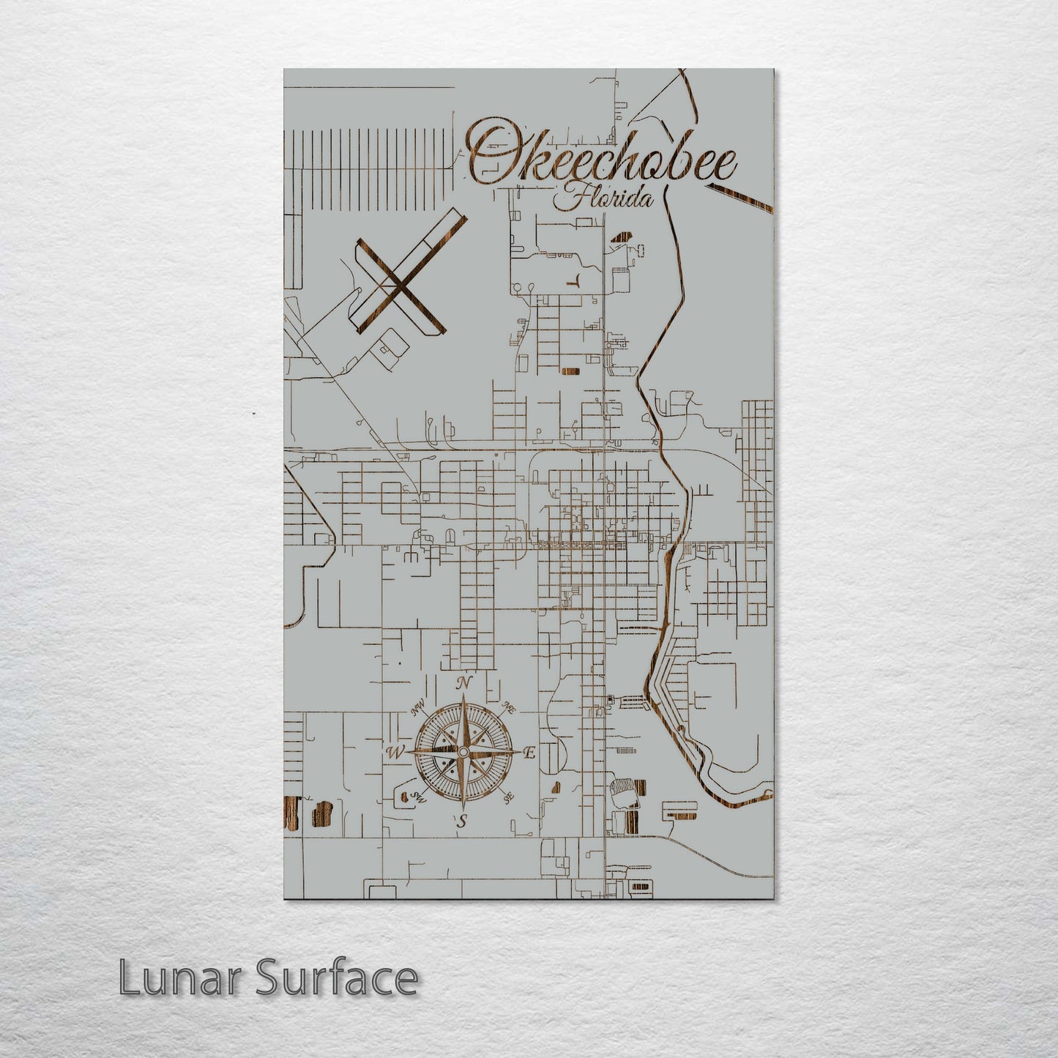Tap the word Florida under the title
[604, 198]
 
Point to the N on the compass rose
[463, 684]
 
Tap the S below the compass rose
[462, 822]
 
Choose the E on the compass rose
[531, 753]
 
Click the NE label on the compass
[508, 707]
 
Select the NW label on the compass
[418, 709]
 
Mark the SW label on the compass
[419, 797]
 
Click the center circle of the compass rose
[463, 752]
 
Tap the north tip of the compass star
[463, 698]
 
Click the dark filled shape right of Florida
[622, 237]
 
